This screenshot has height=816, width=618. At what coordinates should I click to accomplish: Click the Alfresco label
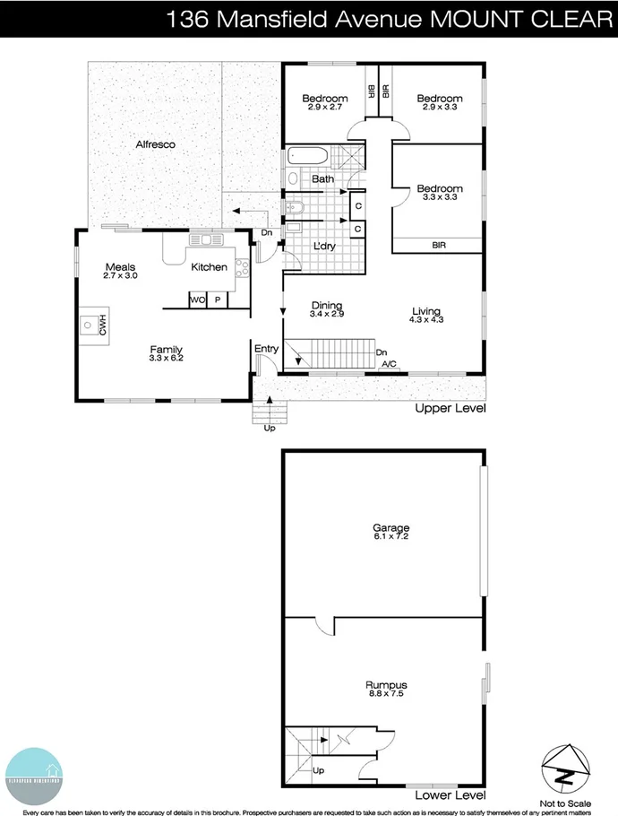[x=155, y=144]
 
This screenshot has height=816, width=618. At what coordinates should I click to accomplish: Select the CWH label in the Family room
[x=103, y=328]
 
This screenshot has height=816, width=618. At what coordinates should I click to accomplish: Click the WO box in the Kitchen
[x=197, y=300]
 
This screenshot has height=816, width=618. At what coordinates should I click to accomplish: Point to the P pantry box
[x=217, y=300]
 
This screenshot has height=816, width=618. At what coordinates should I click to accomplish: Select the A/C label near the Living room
[x=390, y=364]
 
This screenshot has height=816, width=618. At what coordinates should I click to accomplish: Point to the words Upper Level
[x=450, y=409]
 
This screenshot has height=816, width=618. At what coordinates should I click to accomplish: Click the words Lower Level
[x=451, y=795]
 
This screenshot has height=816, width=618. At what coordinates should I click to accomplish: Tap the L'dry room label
[x=323, y=247]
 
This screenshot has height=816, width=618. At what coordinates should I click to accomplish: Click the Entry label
[x=266, y=349]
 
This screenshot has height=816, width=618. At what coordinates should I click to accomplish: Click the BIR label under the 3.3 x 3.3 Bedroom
[x=439, y=244]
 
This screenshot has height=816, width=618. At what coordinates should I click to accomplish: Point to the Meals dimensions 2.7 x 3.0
[x=120, y=277]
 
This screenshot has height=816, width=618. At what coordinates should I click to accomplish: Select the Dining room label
[x=326, y=305]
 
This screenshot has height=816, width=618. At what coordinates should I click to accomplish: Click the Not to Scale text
[x=564, y=803]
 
